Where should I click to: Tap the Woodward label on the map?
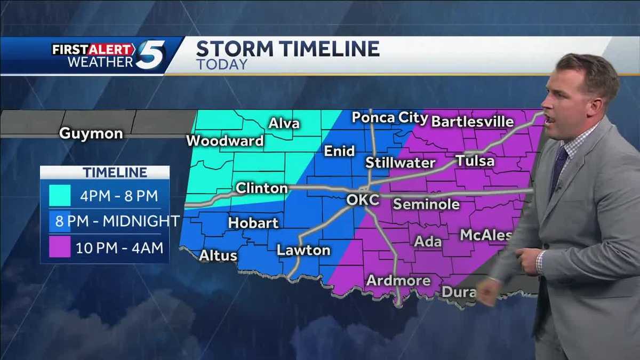[x=225, y=141]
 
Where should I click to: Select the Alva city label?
[x=284, y=124]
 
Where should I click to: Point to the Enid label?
[x=339, y=151]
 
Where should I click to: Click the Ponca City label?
[x=390, y=117]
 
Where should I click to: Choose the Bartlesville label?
[x=472, y=121]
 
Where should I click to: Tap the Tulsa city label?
[x=475, y=161]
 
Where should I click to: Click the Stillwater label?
[x=401, y=163]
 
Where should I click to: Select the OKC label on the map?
[x=362, y=200]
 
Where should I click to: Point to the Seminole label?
[x=426, y=204]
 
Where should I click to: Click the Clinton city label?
[x=261, y=188]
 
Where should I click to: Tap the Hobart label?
[x=253, y=223]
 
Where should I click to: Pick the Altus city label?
[x=218, y=256]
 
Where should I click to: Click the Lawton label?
[x=303, y=250]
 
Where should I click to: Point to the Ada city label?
[x=428, y=242]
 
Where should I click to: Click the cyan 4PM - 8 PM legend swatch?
[x=60, y=195]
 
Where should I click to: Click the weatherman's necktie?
[x=559, y=169]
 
